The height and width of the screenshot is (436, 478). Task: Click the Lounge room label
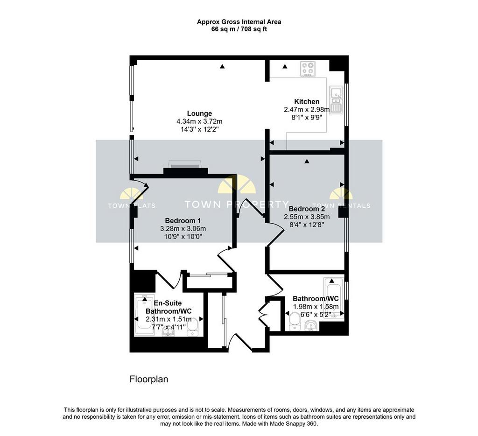coord(199,113)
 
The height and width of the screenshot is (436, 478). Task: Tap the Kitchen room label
coord(307,101)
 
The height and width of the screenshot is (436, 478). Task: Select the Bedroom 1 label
coord(183,220)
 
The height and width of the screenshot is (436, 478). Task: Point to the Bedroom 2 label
coord(307,209)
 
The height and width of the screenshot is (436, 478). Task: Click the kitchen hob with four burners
coord(307,69)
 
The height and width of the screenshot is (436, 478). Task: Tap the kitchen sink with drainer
coord(336,99)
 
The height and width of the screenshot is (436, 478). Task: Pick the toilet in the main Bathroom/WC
coord(295,321)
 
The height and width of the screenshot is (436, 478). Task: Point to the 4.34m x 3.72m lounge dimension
coord(199,121)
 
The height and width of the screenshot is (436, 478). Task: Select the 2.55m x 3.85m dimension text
coord(307,217)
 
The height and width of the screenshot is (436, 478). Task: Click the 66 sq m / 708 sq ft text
coord(239,29)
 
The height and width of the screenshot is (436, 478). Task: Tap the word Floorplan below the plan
coord(149,380)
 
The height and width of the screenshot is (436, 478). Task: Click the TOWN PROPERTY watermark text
coord(237,204)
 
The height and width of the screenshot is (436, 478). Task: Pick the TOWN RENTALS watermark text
coord(341,206)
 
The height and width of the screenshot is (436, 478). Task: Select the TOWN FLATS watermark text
coord(132,206)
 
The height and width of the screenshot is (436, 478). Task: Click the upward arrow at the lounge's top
coord(223,66)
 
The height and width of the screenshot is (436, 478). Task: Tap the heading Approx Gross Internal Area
coord(239,22)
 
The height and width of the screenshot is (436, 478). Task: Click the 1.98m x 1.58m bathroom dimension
coord(316,306)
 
